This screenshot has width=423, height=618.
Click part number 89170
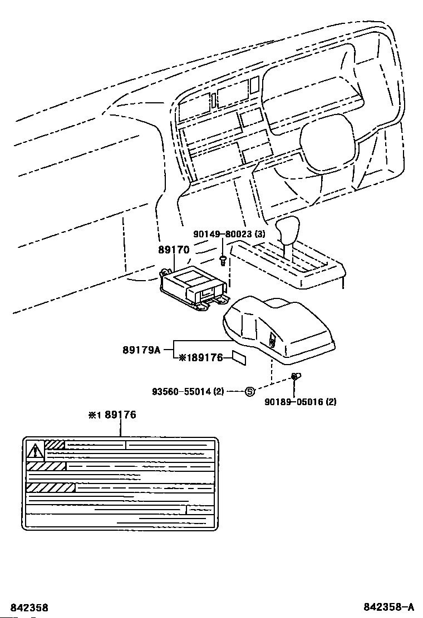coord(174,250)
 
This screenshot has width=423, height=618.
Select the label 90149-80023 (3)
coord(229,234)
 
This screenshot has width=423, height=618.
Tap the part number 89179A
coord(141,350)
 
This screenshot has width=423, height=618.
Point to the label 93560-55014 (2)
coord(188,391)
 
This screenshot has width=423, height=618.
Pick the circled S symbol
coord(250,391)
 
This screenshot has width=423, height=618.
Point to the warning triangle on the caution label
coord(36,448)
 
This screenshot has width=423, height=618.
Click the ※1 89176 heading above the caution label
coord(112,415)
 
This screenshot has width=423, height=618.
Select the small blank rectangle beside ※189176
coord(239,358)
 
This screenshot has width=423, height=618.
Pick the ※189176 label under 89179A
coord(200,358)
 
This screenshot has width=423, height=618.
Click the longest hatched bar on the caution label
coord(50,487)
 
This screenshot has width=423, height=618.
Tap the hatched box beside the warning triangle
coord(55,445)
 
